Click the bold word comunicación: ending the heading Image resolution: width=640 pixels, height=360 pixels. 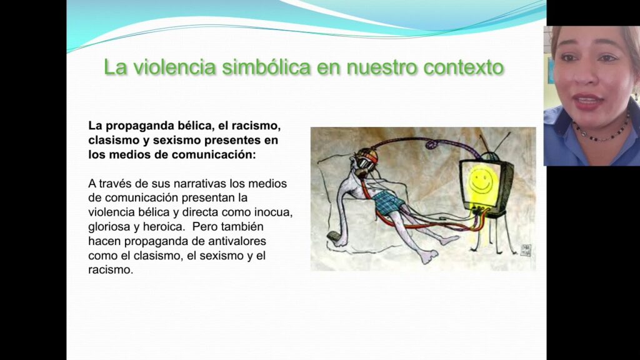click(214, 155)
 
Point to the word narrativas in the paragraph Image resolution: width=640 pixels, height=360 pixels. click(200, 184)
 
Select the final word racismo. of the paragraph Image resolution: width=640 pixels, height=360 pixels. click(111, 270)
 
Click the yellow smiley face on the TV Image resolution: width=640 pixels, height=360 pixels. click(481, 179)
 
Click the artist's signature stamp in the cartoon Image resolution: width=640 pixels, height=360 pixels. click(526, 250)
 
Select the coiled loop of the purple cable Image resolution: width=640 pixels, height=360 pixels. click(432, 144)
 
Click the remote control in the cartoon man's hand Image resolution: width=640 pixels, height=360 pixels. click(334, 236)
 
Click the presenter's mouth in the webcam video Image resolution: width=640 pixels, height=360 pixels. click(587, 101)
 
